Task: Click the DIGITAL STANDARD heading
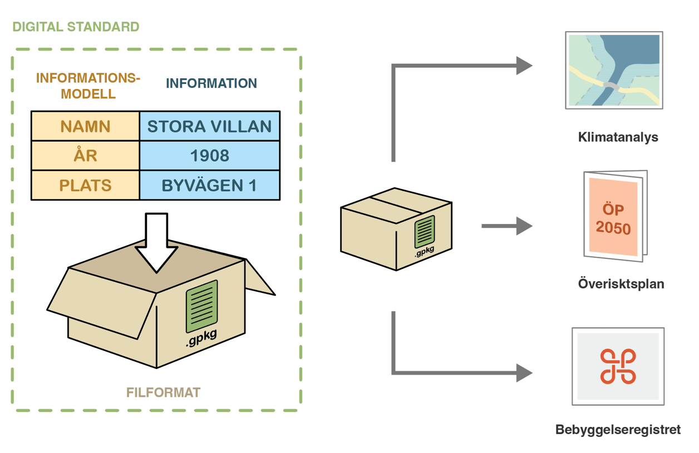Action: pos(76,27)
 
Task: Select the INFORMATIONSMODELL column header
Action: pos(88,86)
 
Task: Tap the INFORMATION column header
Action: pos(211,83)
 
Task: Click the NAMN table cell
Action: pos(85,126)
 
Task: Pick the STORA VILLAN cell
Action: pos(209,126)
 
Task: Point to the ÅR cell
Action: pos(85,156)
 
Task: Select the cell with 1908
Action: pos(209,156)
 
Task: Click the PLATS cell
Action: pos(85,185)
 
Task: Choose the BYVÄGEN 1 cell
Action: pos(209,185)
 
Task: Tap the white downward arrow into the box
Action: pos(156,242)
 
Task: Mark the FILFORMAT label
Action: pos(163,392)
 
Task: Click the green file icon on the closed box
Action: pos(424,232)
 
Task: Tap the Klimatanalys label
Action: pos(618,137)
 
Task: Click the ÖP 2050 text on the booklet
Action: pos(613,219)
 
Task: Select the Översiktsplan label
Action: pos(621,284)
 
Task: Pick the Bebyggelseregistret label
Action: pos(618,430)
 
